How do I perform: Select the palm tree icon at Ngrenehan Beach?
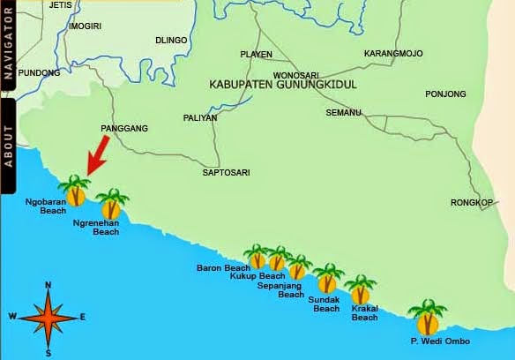pos(111,205)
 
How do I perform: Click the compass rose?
pos(48,318)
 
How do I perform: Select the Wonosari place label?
pos(295,75)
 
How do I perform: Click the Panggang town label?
pos(124,129)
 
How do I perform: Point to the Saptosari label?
pos(224,172)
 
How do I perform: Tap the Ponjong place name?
pos(445,94)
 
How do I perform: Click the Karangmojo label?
pos(393,54)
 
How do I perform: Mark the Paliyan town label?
pos(199,117)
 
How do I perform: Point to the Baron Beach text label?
pos(223,267)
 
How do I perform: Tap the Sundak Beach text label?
pos(325,304)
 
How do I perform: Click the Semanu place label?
pos(343,113)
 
